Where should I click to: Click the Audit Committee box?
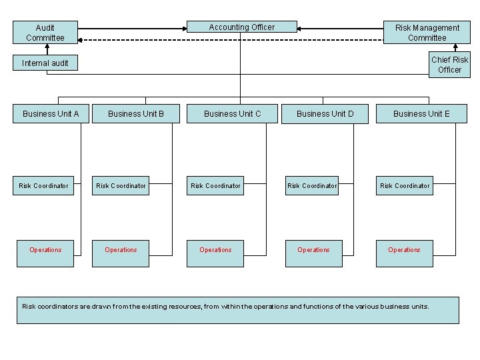[x=45, y=33]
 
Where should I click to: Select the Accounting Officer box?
[x=241, y=27]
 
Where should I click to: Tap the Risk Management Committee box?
[x=427, y=33]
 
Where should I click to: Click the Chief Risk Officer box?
[x=449, y=65]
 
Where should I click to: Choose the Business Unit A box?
[x=51, y=113]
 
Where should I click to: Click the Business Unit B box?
[x=136, y=113]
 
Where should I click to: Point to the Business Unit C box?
[x=232, y=113]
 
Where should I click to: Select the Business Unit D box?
[x=325, y=113]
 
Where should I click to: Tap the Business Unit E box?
[x=421, y=113]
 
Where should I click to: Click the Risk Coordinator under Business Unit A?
[x=43, y=185]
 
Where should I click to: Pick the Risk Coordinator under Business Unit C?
[x=215, y=185]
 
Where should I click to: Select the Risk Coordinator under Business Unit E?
[x=405, y=185]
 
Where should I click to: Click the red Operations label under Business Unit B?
[x=121, y=250]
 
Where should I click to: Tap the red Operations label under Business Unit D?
[x=313, y=250]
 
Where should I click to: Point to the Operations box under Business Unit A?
[x=45, y=253]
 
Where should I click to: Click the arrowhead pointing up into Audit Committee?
[x=47, y=47]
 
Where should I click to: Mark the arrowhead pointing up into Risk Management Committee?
[x=456, y=47]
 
